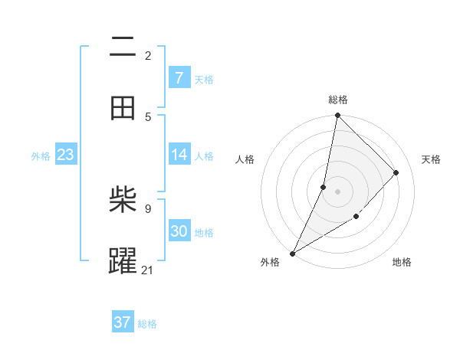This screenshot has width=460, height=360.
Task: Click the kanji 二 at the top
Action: click(x=123, y=47)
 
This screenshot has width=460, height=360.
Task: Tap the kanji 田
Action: click(x=123, y=108)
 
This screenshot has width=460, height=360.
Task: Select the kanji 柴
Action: click(x=123, y=201)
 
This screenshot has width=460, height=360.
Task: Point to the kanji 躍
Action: click(x=123, y=261)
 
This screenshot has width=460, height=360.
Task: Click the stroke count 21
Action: click(x=148, y=270)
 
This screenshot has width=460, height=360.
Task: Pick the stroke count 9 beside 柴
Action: click(x=148, y=208)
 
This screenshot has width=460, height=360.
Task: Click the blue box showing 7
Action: click(x=179, y=78)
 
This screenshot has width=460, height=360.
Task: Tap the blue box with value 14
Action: click(x=179, y=155)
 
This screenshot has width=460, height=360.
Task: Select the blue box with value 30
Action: click(x=179, y=231)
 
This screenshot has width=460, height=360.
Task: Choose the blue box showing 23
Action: click(x=65, y=155)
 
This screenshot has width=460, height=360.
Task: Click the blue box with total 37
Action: click(x=122, y=322)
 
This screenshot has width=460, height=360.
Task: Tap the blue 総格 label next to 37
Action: click(x=147, y=324)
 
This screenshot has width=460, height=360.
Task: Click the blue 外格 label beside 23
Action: click(x=41, y=156)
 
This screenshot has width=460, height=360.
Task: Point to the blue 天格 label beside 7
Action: click(x=204, y=80)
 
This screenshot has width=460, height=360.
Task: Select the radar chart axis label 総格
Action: click(x=338, y=100)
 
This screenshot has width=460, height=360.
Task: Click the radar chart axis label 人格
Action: click(x=245, y=159)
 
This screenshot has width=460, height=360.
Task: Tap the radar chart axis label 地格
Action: click(x=402, y=262)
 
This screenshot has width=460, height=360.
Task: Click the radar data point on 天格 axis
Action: click(x=396, y=172)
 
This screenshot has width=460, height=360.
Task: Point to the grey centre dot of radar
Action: click(x=337, y=191)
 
